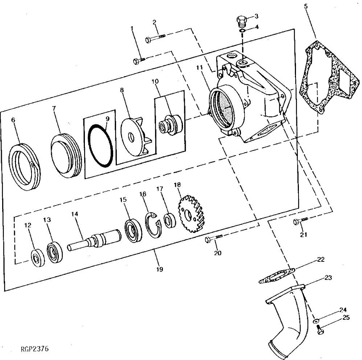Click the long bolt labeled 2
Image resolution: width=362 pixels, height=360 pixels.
click(155, 37)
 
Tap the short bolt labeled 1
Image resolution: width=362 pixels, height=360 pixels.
click(139, 60)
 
